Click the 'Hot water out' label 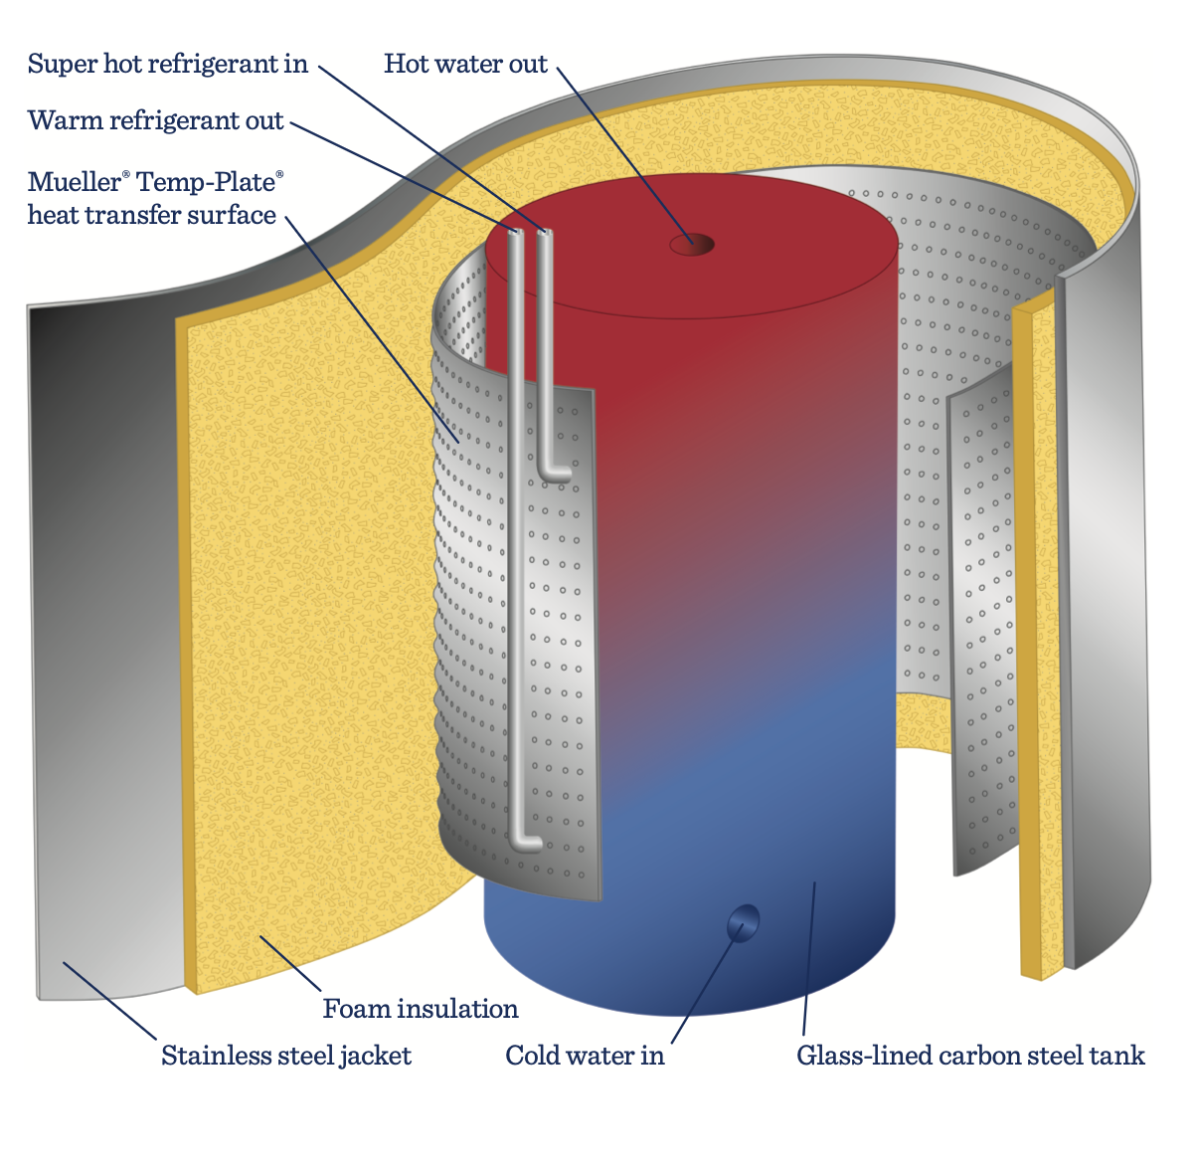coord(465,65)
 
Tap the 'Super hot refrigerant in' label coord(168,65)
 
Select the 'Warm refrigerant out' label coord(156,121)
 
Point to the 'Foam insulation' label coord(421,1009)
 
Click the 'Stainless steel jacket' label coord(286,1056)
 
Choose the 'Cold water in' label coord(585,1056)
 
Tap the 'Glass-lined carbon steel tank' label coord(970,1056)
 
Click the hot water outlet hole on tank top coord(692,244)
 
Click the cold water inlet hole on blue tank coord(743,922)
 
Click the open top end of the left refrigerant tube coord(516,233)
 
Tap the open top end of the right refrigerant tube coord(544,233)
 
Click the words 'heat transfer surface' coord(152,215)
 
